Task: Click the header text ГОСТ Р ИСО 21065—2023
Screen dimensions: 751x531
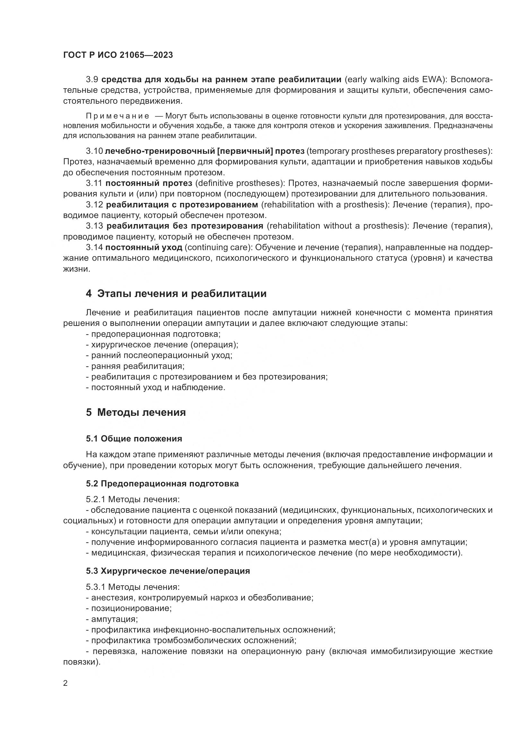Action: (x=118, y=55)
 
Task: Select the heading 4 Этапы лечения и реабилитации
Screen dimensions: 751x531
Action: (x=176, y=294)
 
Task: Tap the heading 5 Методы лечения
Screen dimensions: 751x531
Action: (x=136, y=413)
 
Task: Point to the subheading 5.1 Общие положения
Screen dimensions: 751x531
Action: (x=134, y=439)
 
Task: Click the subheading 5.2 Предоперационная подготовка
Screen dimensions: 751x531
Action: (x=162, y=484)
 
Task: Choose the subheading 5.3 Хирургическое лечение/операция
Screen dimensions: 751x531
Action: (x=168, y=571)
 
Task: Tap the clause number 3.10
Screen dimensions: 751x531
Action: (x=94, y=151)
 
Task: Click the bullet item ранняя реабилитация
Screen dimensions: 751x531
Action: (x=137, y=366)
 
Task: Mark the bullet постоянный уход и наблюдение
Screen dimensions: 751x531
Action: (x=158, y=388)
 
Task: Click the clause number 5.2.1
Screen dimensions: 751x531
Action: (x=96, y=500)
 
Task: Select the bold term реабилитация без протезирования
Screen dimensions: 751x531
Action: (x=185, y=226)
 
